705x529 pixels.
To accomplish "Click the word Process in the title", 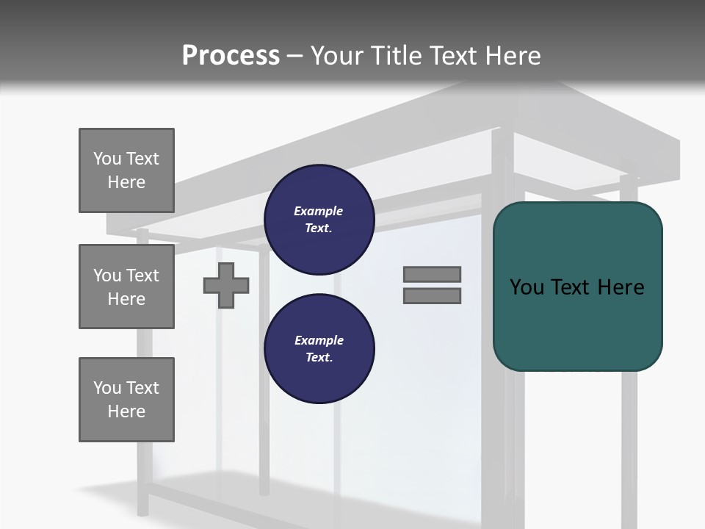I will (231, 56).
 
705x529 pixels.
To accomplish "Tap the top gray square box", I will (126, 170).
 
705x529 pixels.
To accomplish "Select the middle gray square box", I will (126, 287).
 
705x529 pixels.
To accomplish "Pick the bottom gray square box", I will (126, 400).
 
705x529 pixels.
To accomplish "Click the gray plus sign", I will (226, 285).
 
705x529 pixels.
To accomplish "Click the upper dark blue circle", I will (319, 220).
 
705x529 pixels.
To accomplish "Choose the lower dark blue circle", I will (319, 349).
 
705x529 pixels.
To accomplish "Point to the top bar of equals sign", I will (432, 274).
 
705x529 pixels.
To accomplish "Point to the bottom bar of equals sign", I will (432, 296).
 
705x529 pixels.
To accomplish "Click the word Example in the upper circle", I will (318, 211).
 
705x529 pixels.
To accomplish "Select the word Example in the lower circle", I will (319, 340).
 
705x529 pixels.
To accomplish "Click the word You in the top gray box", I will (106, 159).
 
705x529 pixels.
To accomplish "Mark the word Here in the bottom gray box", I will (126, 411).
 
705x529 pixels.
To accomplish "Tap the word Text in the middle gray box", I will (142, 276).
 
